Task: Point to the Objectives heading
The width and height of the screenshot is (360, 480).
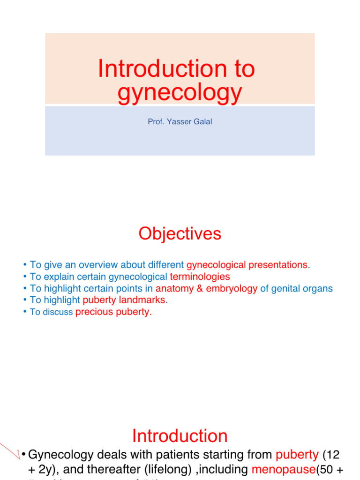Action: coord(180,233)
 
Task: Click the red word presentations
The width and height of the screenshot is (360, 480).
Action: coord(279,265)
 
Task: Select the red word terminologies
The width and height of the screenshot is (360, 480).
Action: coord(200,277)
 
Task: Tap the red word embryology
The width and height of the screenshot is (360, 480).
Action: coord(231,289)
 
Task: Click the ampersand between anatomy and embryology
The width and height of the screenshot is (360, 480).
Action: coord(200,289)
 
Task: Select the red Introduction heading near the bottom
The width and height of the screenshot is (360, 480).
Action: coord(180,436)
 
